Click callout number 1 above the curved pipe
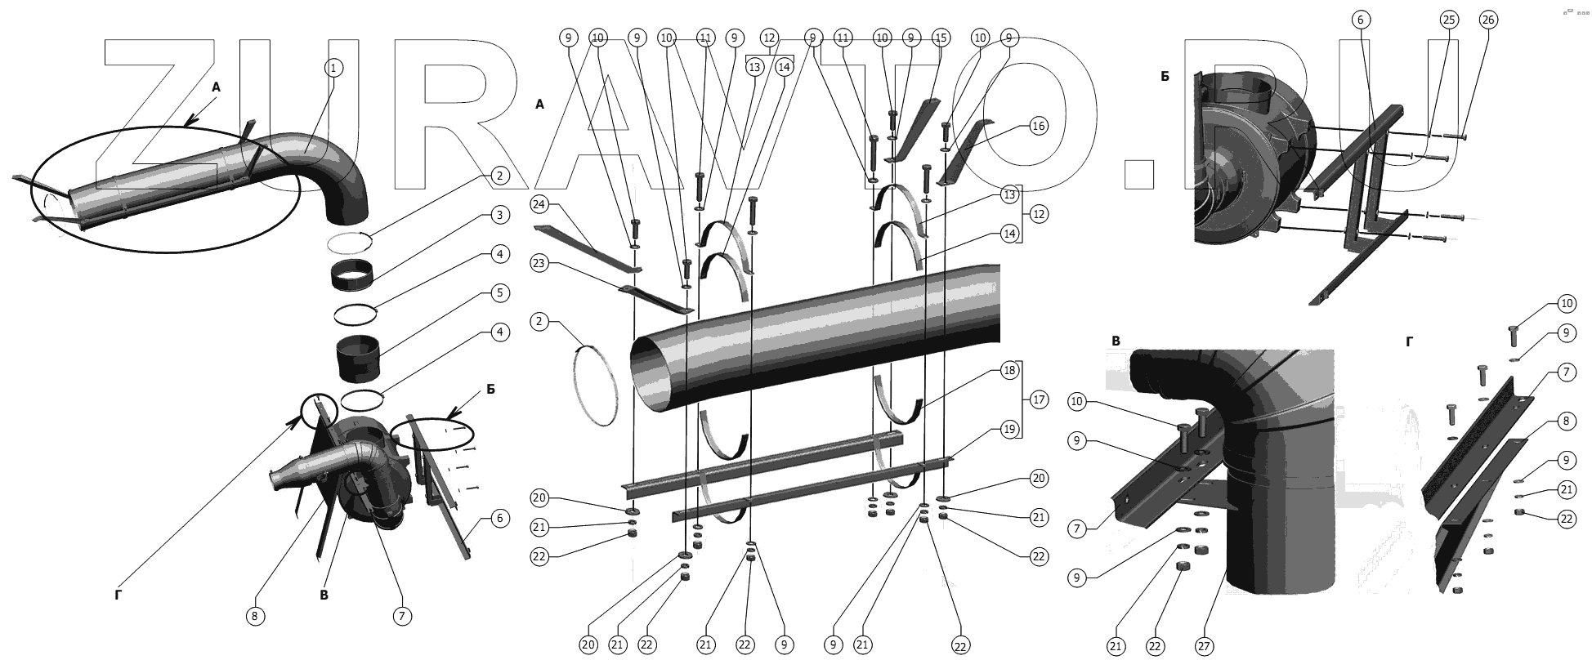coord(333,68)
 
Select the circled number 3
coord(500,215)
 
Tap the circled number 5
coord(500,292)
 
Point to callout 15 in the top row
coord(941,38)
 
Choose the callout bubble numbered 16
coord(1038,126)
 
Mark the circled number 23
coord(539,263)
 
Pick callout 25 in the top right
coord(1448,20)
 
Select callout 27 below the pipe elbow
coord(1203,646)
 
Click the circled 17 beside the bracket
coord(1038,400)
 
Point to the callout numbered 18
coord(1010,370)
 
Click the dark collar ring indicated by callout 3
coord(353,274)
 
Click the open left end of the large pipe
coord(660,372)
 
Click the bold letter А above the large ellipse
coord(216,87)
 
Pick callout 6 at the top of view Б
coord(1360,20)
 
